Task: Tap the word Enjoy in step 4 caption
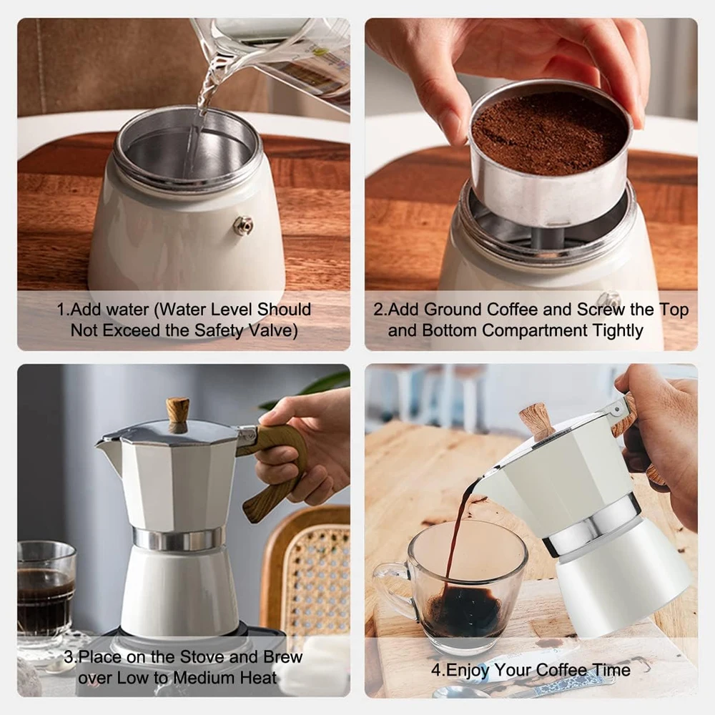(468, 670)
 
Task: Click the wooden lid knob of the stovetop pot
(178, 413)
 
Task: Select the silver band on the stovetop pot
(178, 538)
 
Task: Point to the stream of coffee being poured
(458, 529)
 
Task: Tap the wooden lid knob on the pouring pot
(536, 420)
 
